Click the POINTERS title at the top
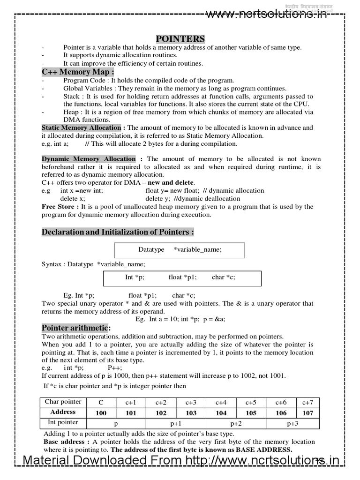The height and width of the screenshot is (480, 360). pos(180,38)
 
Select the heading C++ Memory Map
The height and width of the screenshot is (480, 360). pos(78,72)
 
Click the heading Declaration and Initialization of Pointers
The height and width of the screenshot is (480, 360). pos(118,232)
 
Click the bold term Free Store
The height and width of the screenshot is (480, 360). pos(60,206)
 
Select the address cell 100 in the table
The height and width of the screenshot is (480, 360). pos(101,413)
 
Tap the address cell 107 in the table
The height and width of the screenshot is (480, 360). pos(307,413)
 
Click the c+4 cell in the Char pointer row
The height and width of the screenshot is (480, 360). pos(221,402)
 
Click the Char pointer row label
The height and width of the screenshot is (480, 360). pos(63,402)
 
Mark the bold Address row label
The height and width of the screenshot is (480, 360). pos(63,412)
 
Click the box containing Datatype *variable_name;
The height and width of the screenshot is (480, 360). pos(180,250)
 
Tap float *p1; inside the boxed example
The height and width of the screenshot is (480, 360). pos(183,277)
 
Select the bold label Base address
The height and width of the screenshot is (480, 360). pos(64,442)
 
